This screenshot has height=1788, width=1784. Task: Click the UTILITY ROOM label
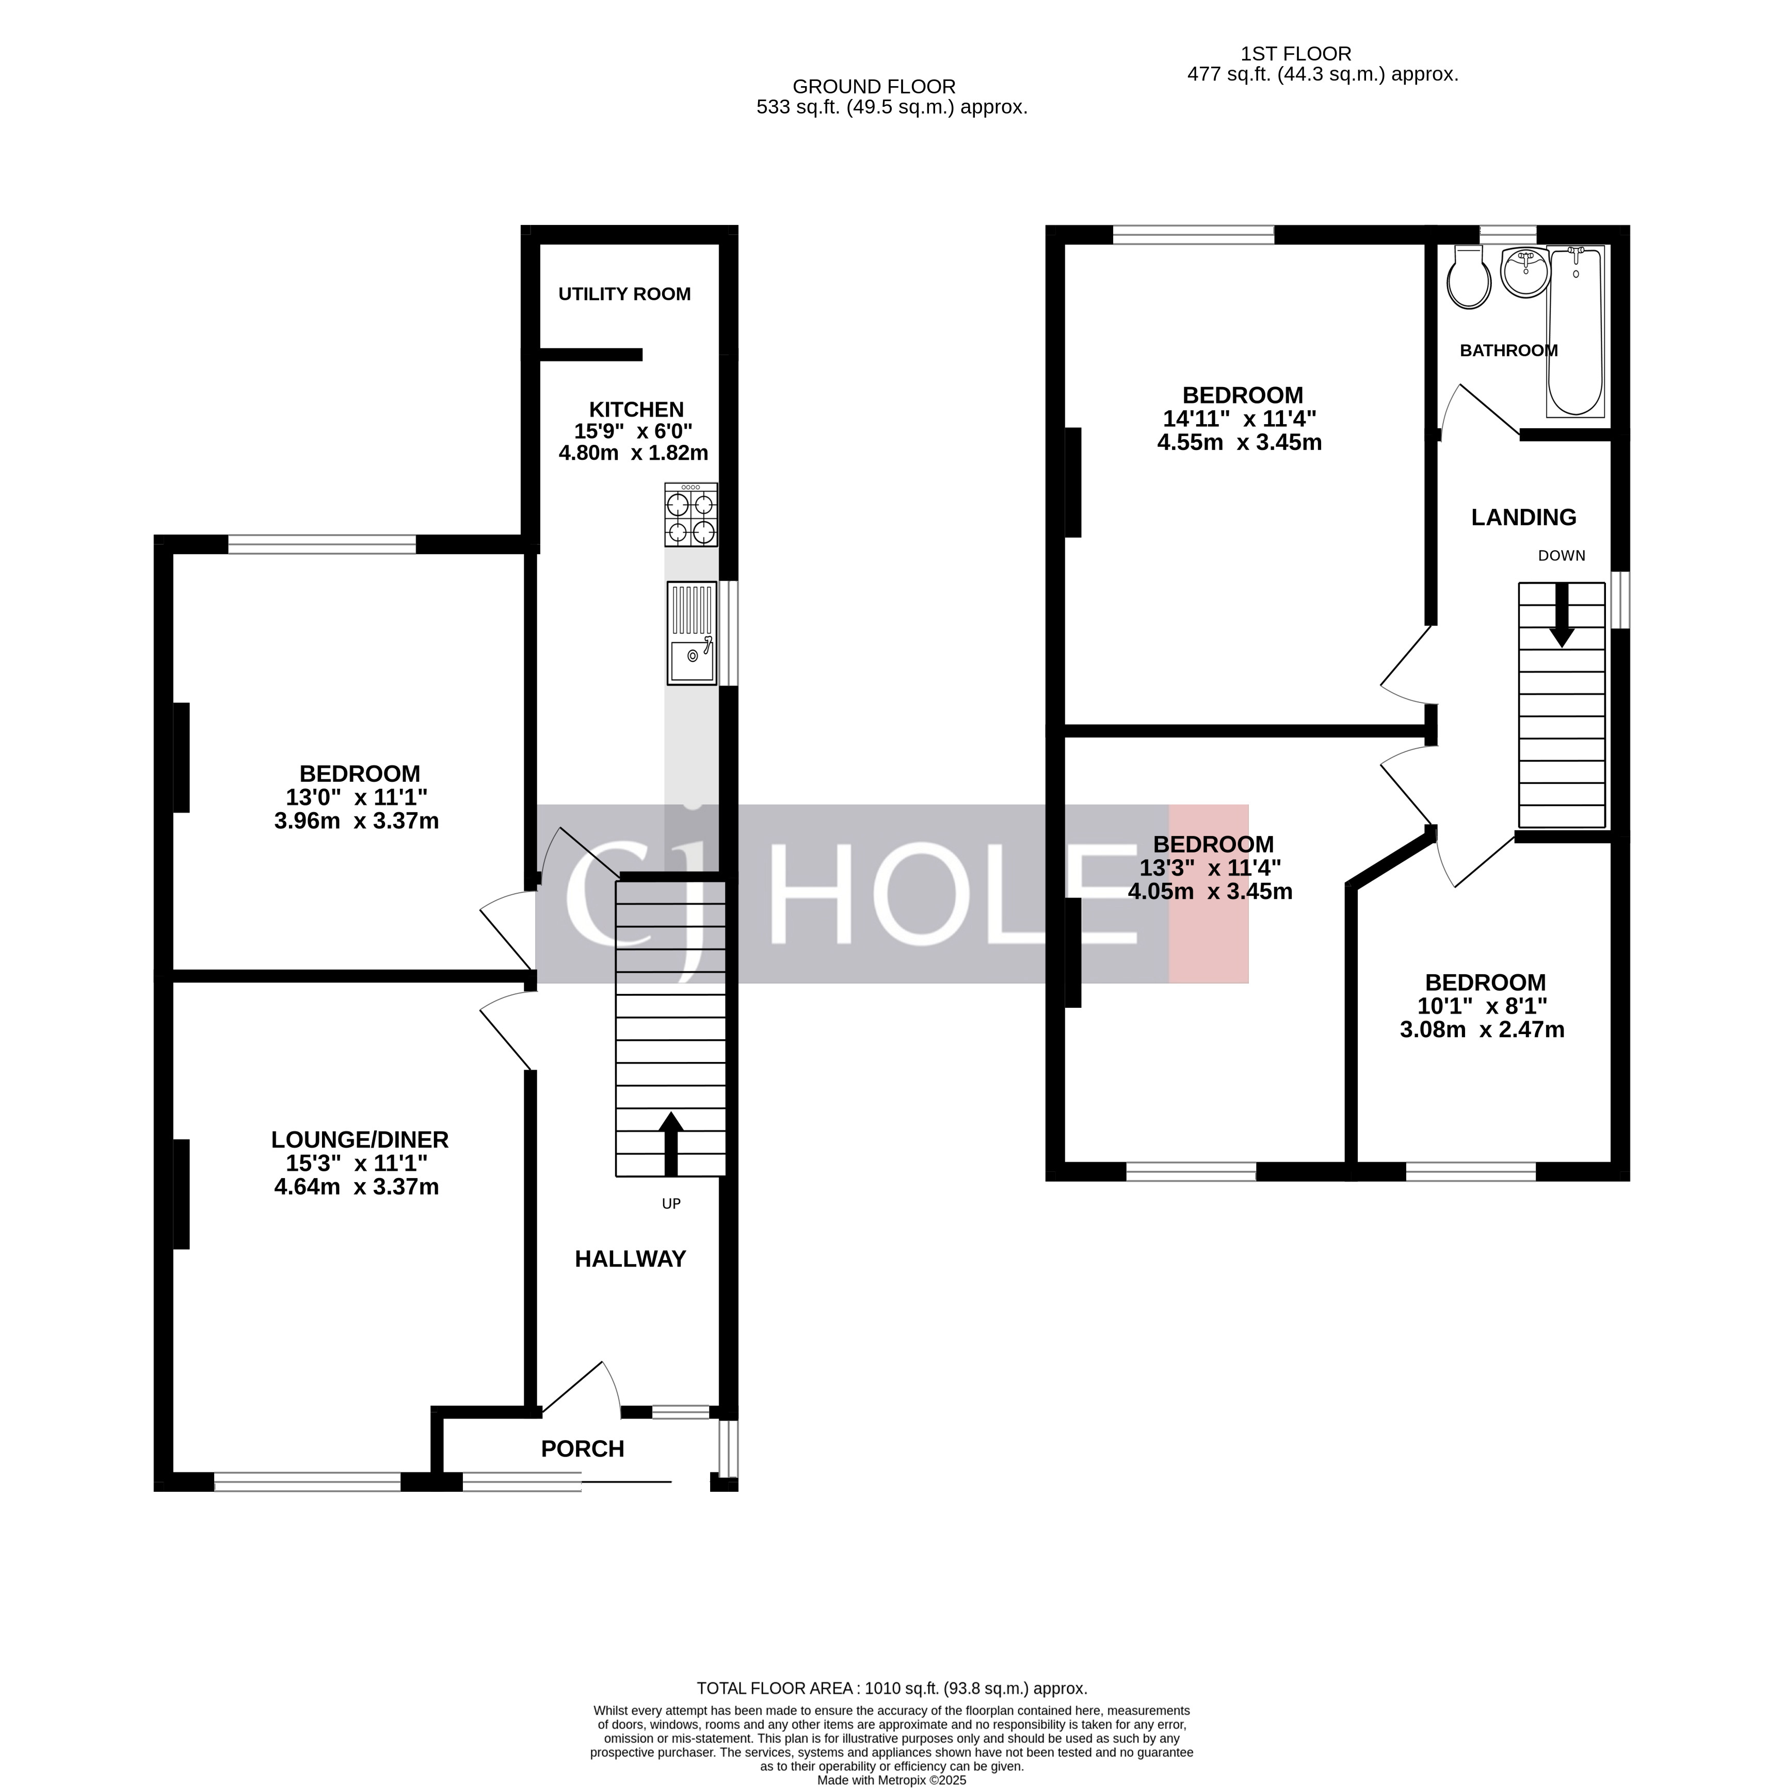tap(624, 294)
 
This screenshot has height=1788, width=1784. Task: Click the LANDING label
tap(1524, 518)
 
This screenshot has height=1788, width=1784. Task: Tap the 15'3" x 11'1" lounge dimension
tap(360, 1163)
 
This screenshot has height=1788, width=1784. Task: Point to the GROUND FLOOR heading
tap(874, 87)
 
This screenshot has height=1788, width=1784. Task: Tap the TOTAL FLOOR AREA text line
tap(892, 1688)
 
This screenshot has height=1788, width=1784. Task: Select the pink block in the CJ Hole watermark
tap(1209, 894)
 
